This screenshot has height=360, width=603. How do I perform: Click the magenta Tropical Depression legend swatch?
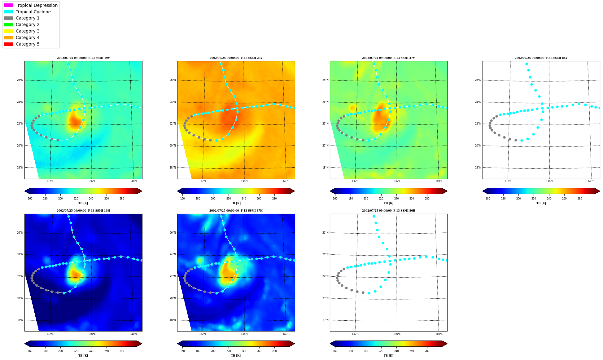pyautogui.click(x=8, y=5)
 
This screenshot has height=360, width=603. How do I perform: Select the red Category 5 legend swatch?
pyautogui.click(x=8, y=44)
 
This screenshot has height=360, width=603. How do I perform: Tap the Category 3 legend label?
pyautogui.click(x=28, y=31)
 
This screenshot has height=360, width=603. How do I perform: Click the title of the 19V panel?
pyautogui.click(x=83, y=58)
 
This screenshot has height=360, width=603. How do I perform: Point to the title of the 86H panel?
pyautogui.click(x=389, y=211)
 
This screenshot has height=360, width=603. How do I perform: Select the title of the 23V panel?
pyautogui.click(x=236, y=58)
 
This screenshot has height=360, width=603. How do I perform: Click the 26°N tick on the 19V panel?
pyautogui.click(x=20, y=80)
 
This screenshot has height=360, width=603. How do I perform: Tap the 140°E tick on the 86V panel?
pyautogui.click(x=591, y=181)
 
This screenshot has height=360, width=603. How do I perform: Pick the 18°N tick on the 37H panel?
pyautogui.click(x=173, y=320)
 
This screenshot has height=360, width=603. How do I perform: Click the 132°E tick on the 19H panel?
pyautogui.click(x=50, y=334)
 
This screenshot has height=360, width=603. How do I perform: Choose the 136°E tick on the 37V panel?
pyautogui.click(x=397, y=181)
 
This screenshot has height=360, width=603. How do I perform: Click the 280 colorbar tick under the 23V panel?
pyautogui.click(x=274, y=199)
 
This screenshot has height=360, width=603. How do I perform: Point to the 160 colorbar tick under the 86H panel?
pyautogui.click(x=335, y=351)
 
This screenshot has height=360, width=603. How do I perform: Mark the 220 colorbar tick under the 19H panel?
pyautogui.click(x=76, y=351)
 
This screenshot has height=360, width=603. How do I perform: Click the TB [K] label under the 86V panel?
pyautogui.click(x=541, y=203)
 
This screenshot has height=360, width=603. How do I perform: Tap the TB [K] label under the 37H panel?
pyautogui.click(x=236, y=356)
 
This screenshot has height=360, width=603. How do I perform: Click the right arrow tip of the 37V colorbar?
pyautogui.click(x=447, y=191)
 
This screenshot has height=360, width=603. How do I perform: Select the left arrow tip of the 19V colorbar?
pyautogui.click(x=25, y=191)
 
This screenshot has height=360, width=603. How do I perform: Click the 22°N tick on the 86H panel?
pyautogui.click(x=326, y=276)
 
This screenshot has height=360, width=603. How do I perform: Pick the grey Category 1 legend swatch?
pyautogui.click(x=8, y=18)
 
